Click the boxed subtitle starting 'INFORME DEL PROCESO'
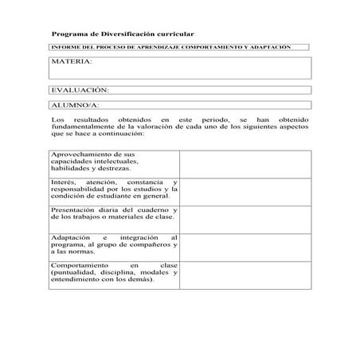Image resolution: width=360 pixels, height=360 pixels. [x=170, y=48]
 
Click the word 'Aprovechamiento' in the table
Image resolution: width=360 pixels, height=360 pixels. [x=82, y=154]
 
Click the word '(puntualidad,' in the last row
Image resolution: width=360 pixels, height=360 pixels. [x=73, y=272]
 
